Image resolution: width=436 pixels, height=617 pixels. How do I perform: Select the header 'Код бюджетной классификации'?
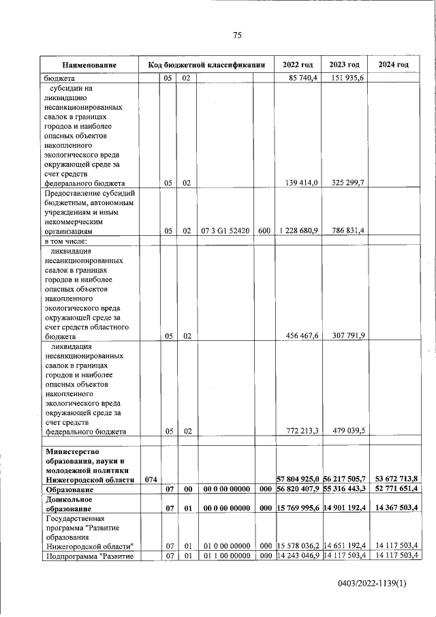pyautogui.click(x=206, y=65)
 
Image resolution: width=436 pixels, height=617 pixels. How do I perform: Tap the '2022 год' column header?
pyautogui.click(x=297, y=65)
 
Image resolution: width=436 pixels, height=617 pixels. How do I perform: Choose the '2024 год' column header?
pyautogui.click(x=393, y=65)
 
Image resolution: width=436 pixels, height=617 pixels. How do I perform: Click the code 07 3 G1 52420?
pyautogui.click(x=225, y=231)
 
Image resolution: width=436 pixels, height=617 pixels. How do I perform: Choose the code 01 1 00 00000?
pyautogui.click(x=225, y=556)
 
